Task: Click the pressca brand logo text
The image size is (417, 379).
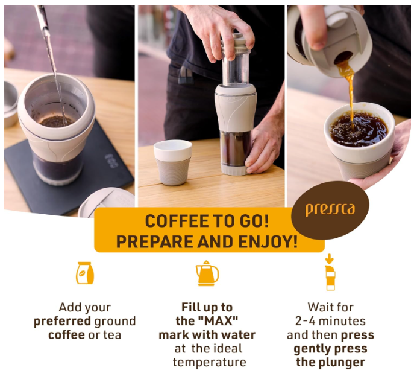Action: tap(330, 209)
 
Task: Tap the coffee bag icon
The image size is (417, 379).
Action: tap(85, 273)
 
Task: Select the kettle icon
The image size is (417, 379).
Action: tap(207, 273)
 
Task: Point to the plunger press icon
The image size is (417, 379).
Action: tap(330, 272)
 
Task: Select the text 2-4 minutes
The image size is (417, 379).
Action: tap(330, 320)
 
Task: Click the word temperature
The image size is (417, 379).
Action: tap(210, 362)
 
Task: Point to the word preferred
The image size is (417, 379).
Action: tap(62, 321)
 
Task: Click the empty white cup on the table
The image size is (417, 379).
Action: tap(173, 162)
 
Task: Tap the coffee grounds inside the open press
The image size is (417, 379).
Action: tap(56, 121)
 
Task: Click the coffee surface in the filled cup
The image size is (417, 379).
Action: tap(359, 130)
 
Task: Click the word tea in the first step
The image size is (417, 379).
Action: tap(112, 335)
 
